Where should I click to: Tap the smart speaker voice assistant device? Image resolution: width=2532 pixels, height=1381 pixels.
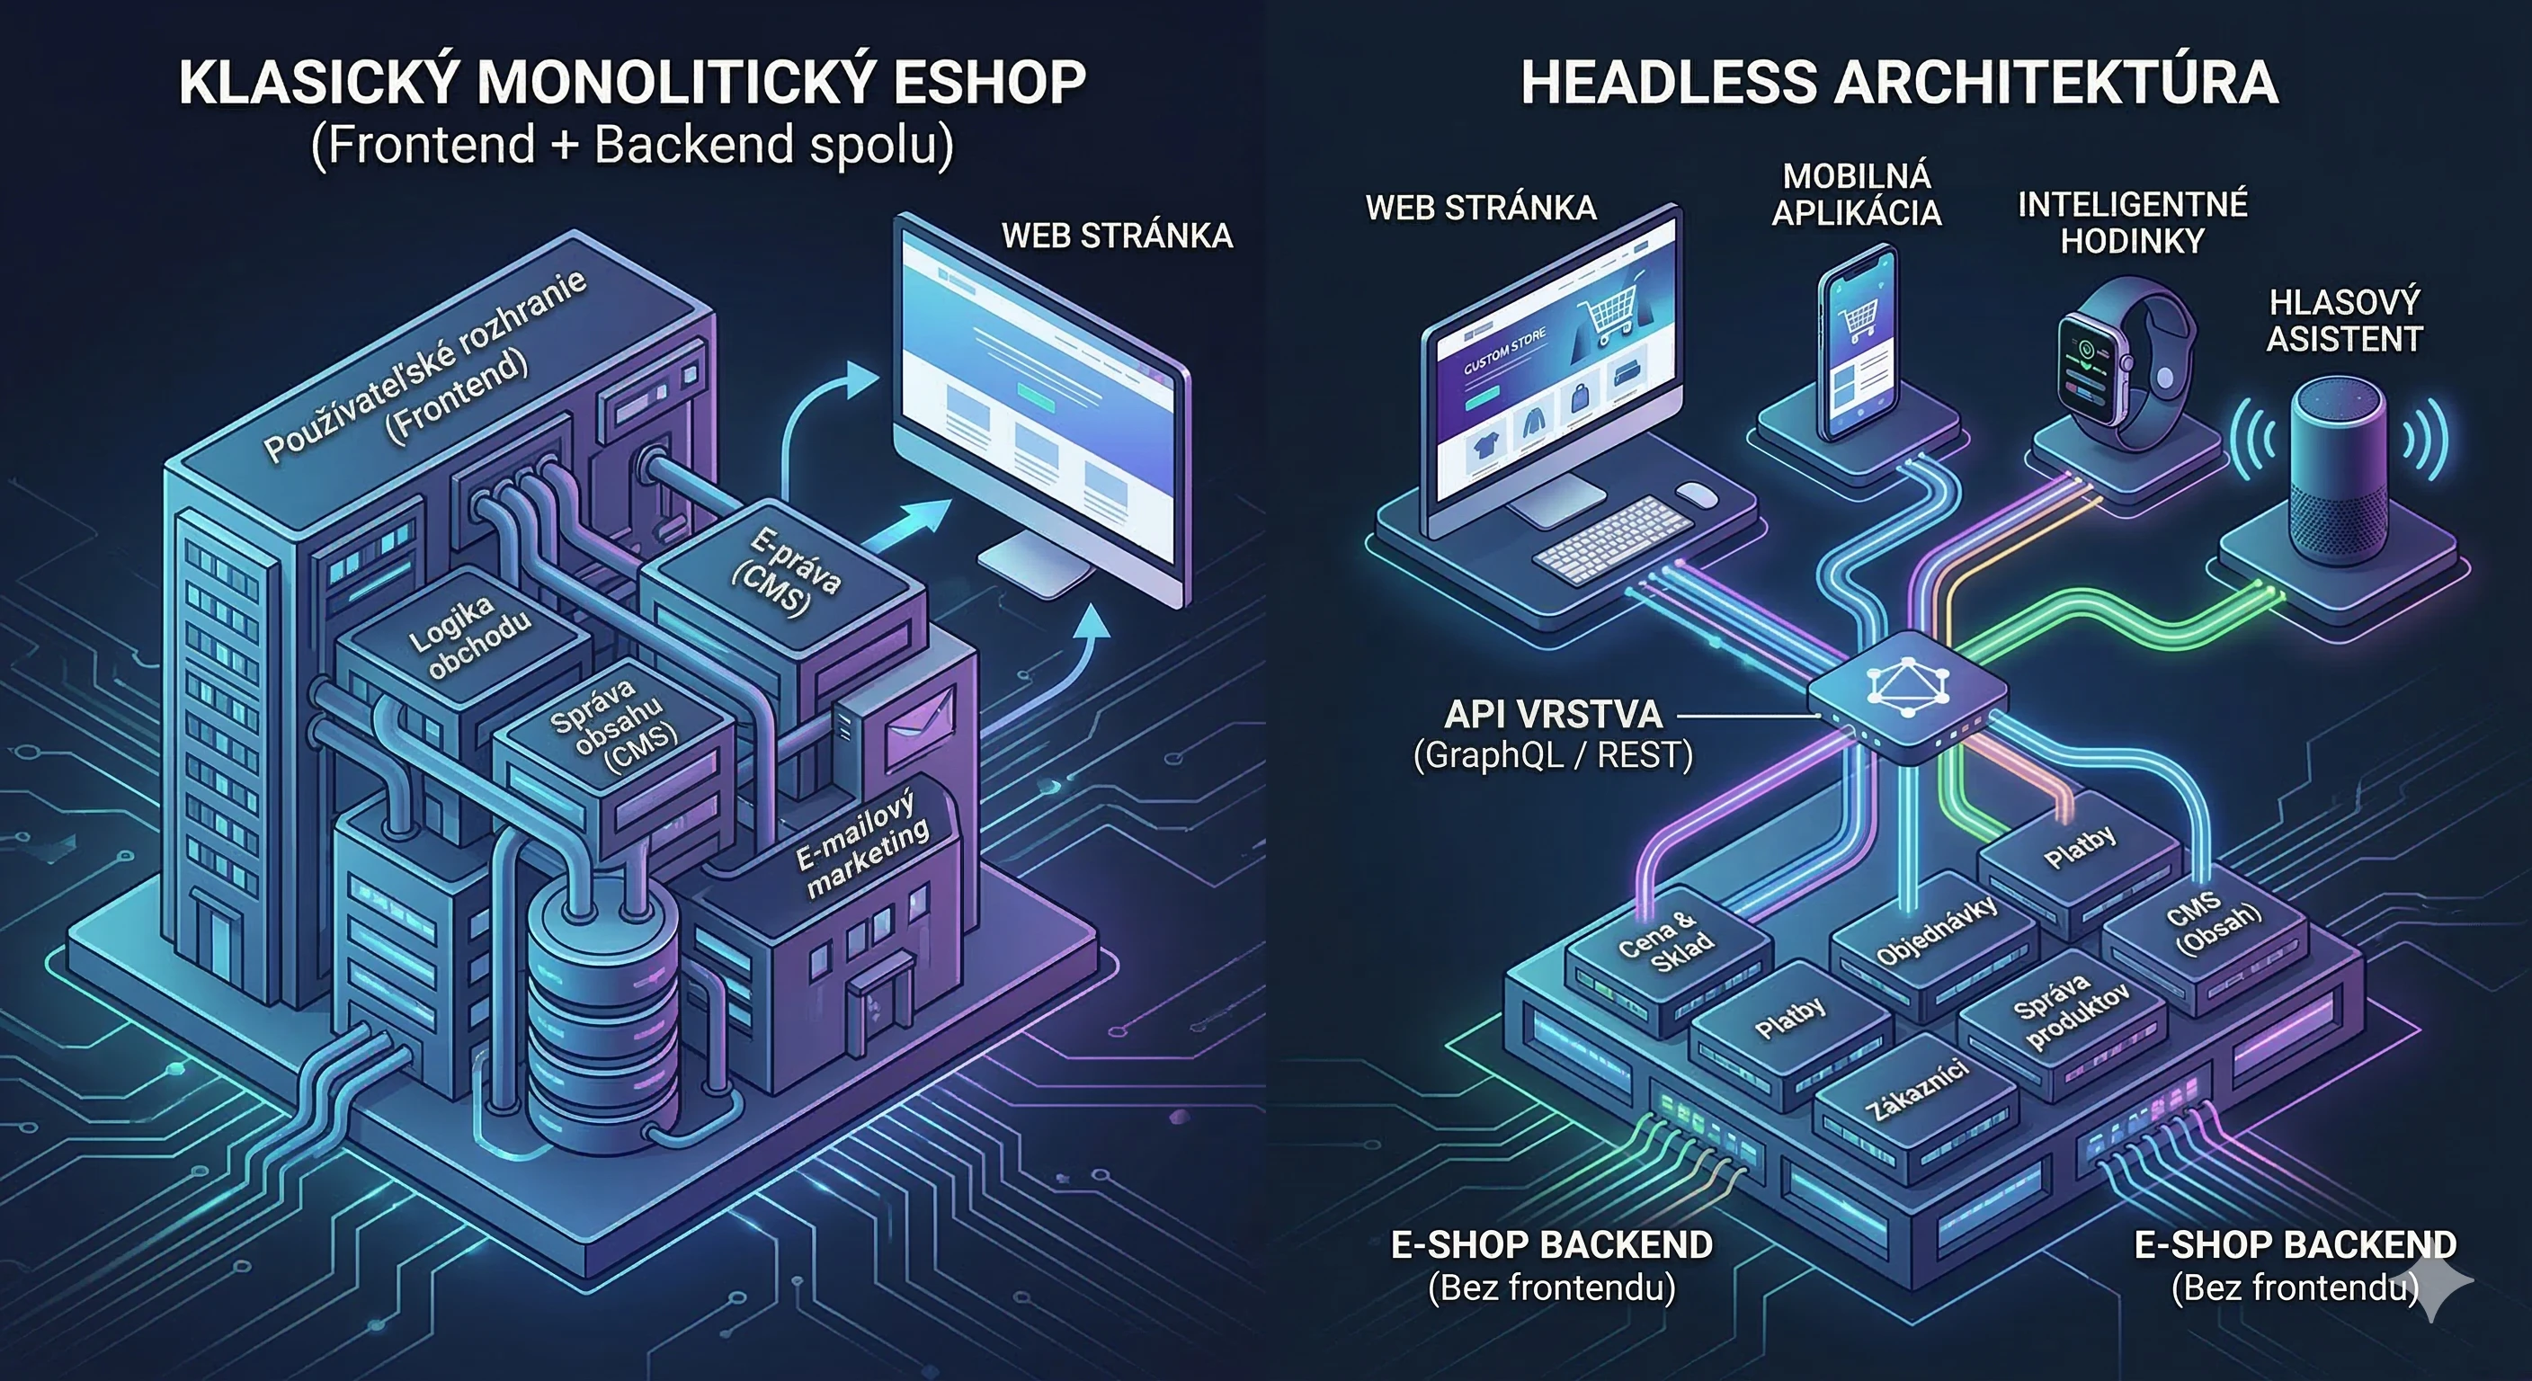pyautogui.click(x=2338, y=482)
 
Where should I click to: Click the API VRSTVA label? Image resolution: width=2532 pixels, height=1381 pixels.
pyautogui.click(x=1553, y=714)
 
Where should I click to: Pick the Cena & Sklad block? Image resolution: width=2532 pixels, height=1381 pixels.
pyautogui.click(x=1667, y=941)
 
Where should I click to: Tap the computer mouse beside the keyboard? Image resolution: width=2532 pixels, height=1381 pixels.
pyautogui.click(x=1697, y=494)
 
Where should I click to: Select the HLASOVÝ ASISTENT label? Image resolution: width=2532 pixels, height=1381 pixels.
pyautogui.click(x=2343, y=320)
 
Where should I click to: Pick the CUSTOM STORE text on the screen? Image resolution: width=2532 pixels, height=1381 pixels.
pyautogui.click(x=1504, y=352)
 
